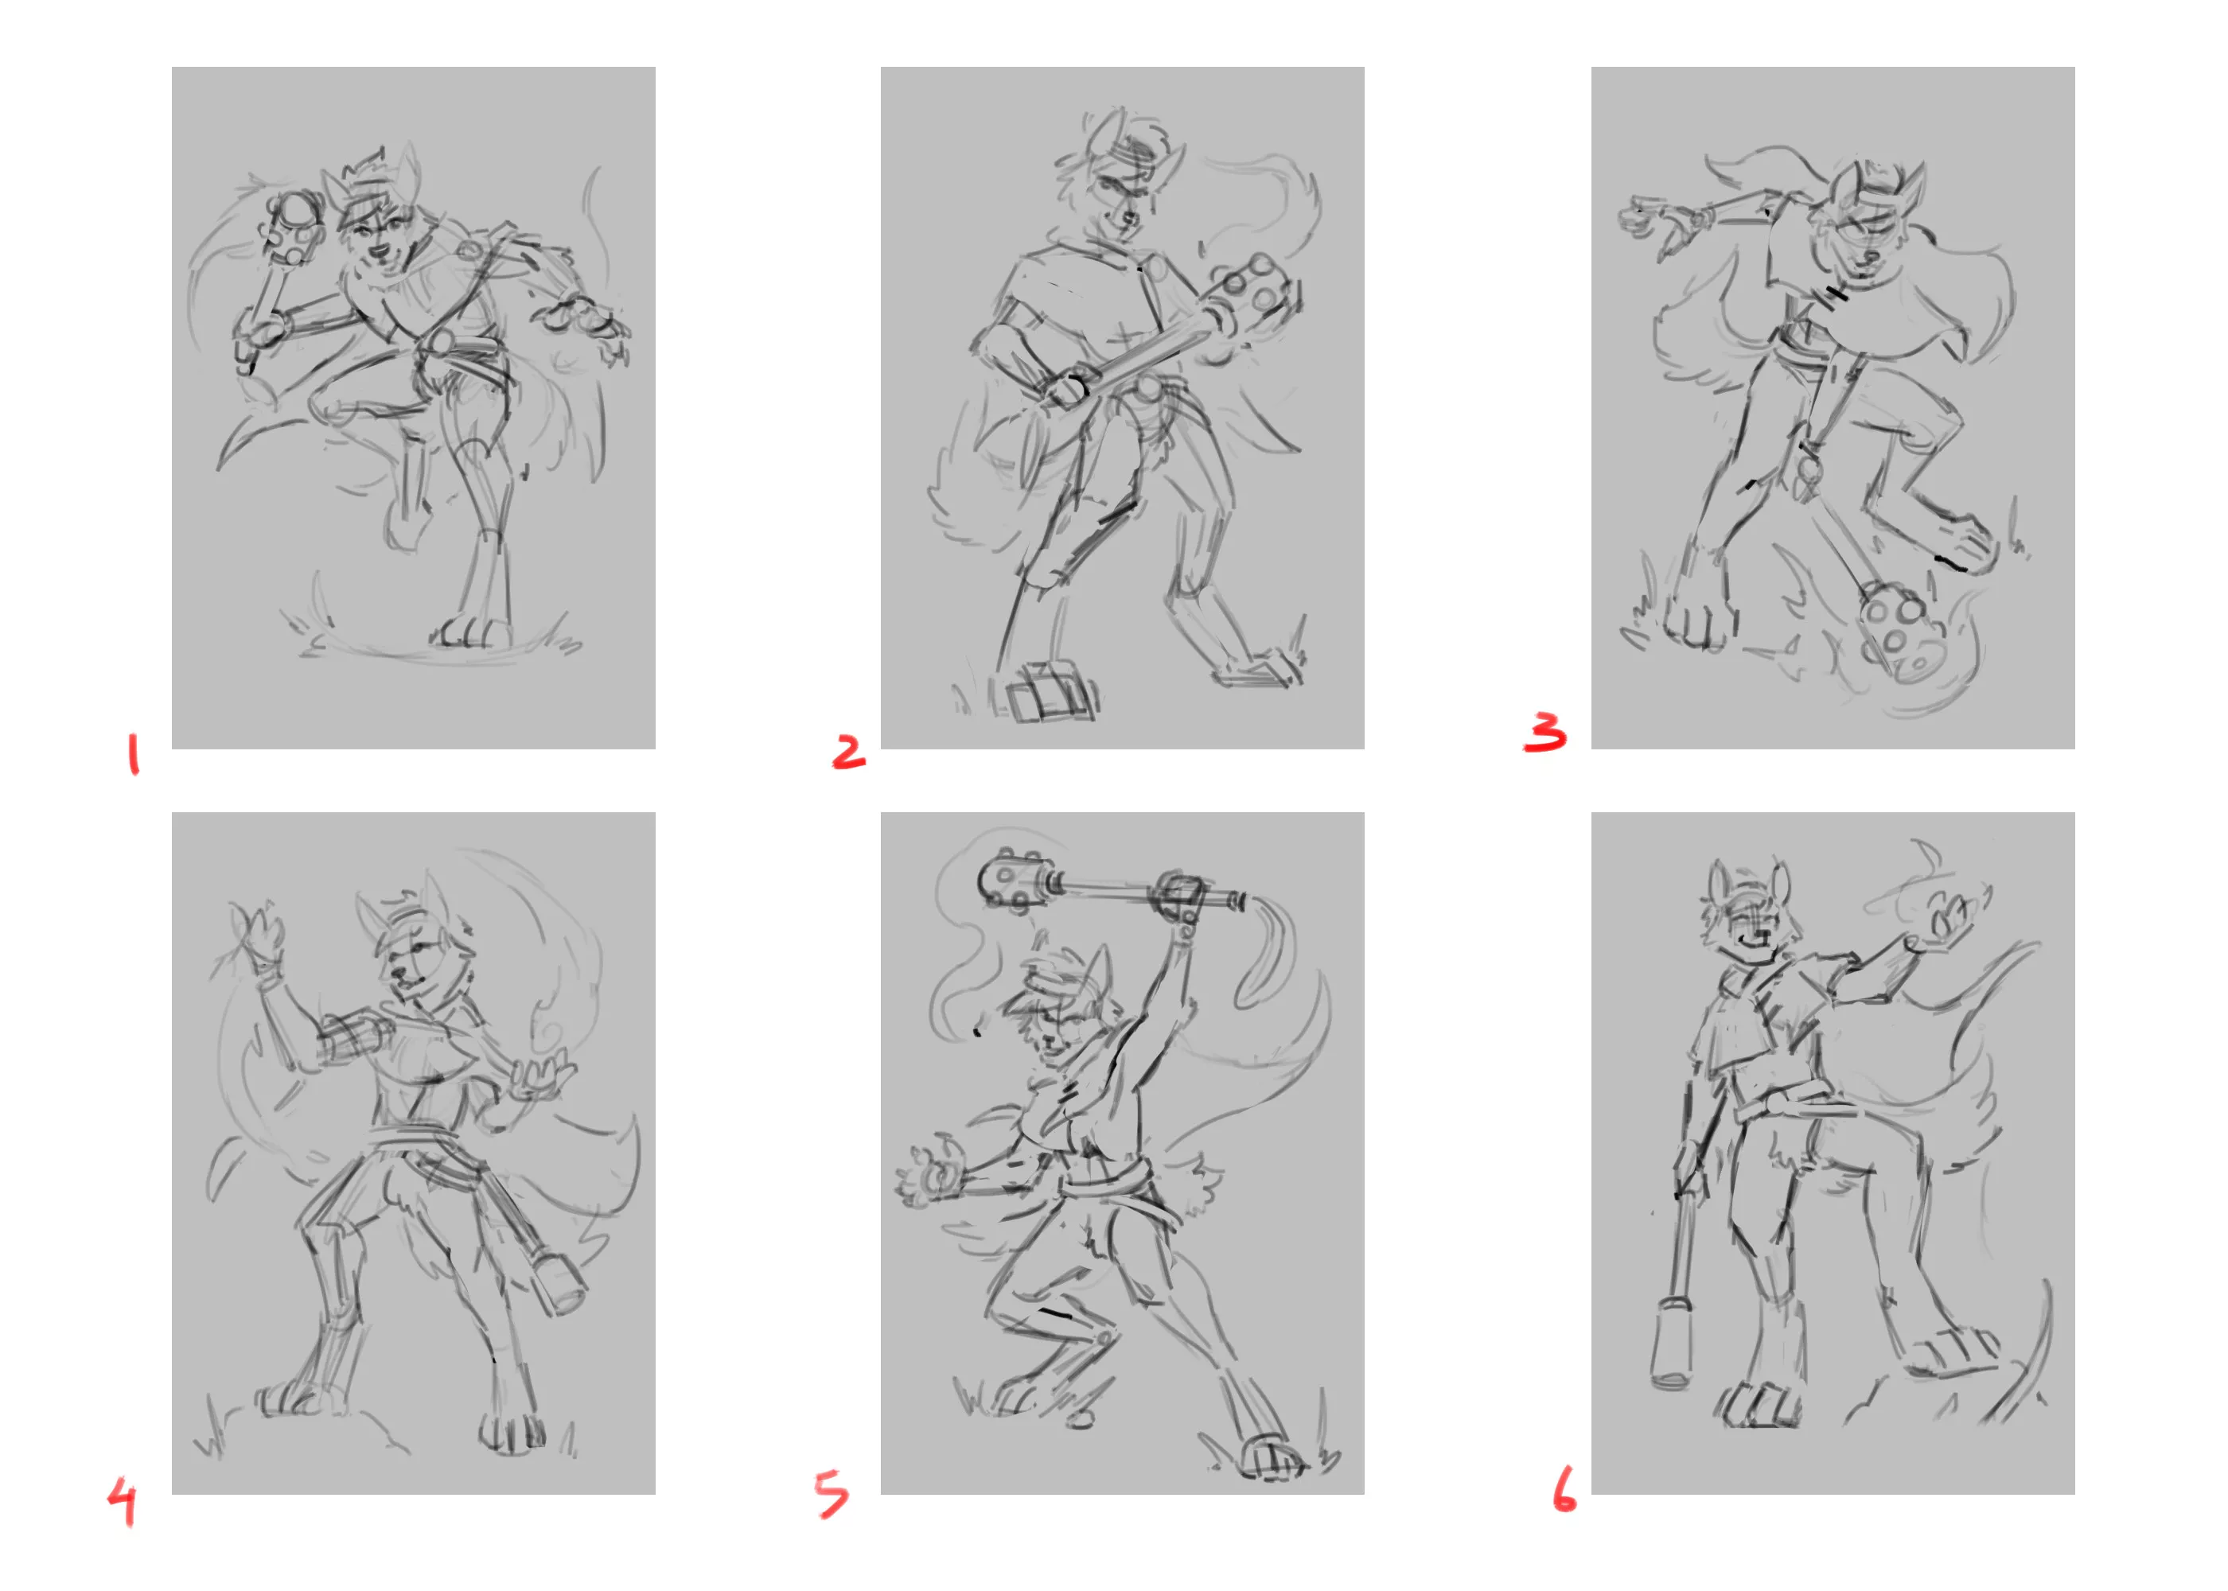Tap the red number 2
(x=848, y=752)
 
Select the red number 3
(x=1545, y=732)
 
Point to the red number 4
(x=123, y=1502)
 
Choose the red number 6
(x=1564, y=1488)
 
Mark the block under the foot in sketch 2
(x=1046, y=693)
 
